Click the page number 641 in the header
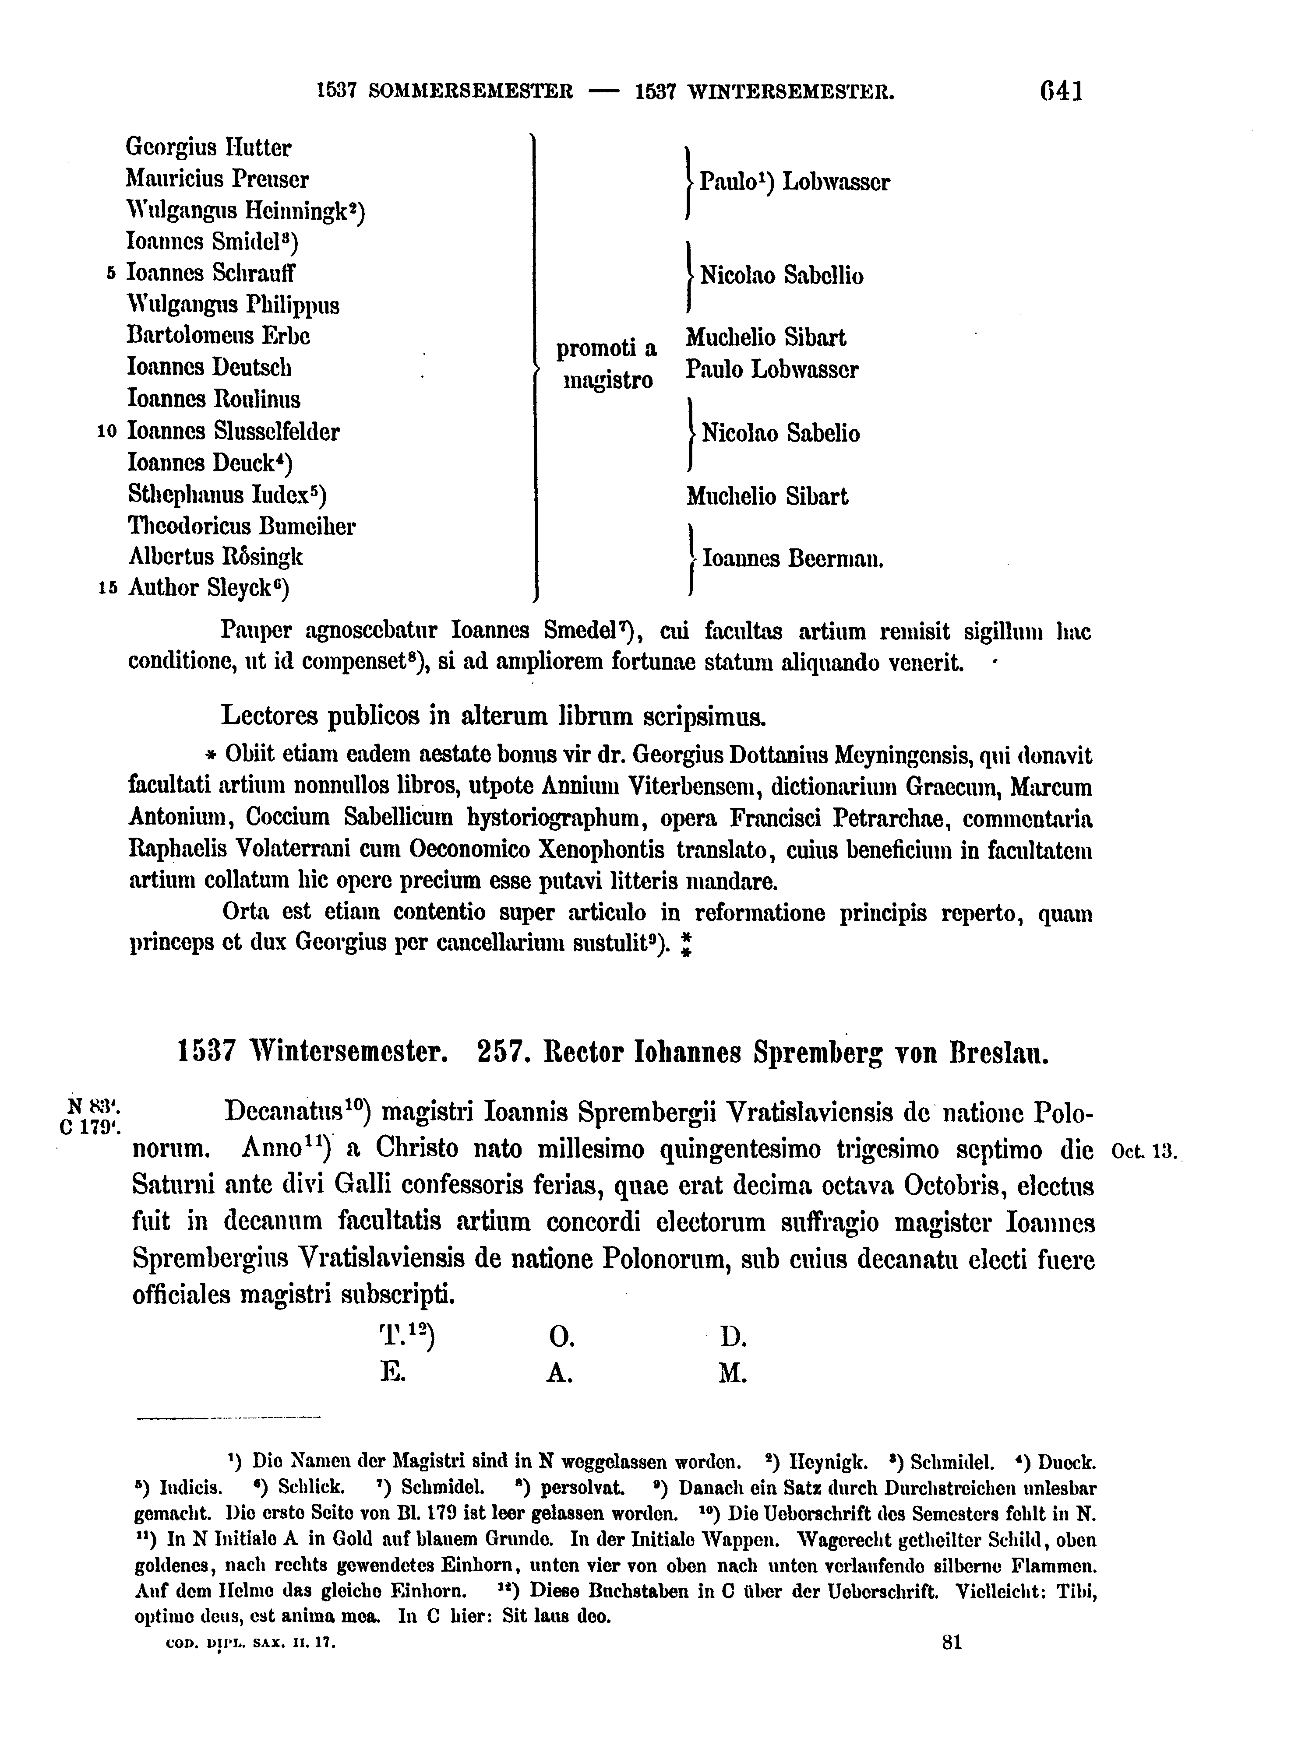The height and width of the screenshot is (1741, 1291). [x=1061, y=92]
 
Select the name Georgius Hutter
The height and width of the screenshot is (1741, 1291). [x=208, y=147]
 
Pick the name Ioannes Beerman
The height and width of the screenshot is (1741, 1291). [x=792, y=559]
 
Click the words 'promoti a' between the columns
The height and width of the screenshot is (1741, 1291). [x=607, y=348]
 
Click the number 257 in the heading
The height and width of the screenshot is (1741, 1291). [x=499, y=1053]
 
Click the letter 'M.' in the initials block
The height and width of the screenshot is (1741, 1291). [x=732, y=1374]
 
